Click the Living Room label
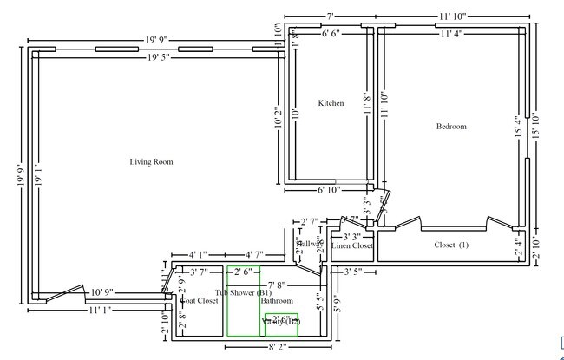click(152, 161)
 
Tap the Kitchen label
click(331, 103)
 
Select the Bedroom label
click(450, 127)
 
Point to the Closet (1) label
click(450, 245)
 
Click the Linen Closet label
click(351, 246)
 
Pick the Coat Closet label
click(199, 301)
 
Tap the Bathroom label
click(277, 301)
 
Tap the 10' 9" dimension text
click(102, 293)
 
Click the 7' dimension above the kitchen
click(331, 16)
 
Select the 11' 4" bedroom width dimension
click(450, 35)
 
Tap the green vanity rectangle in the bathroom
click(281, 324)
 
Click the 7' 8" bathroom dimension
click(277, 285)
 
